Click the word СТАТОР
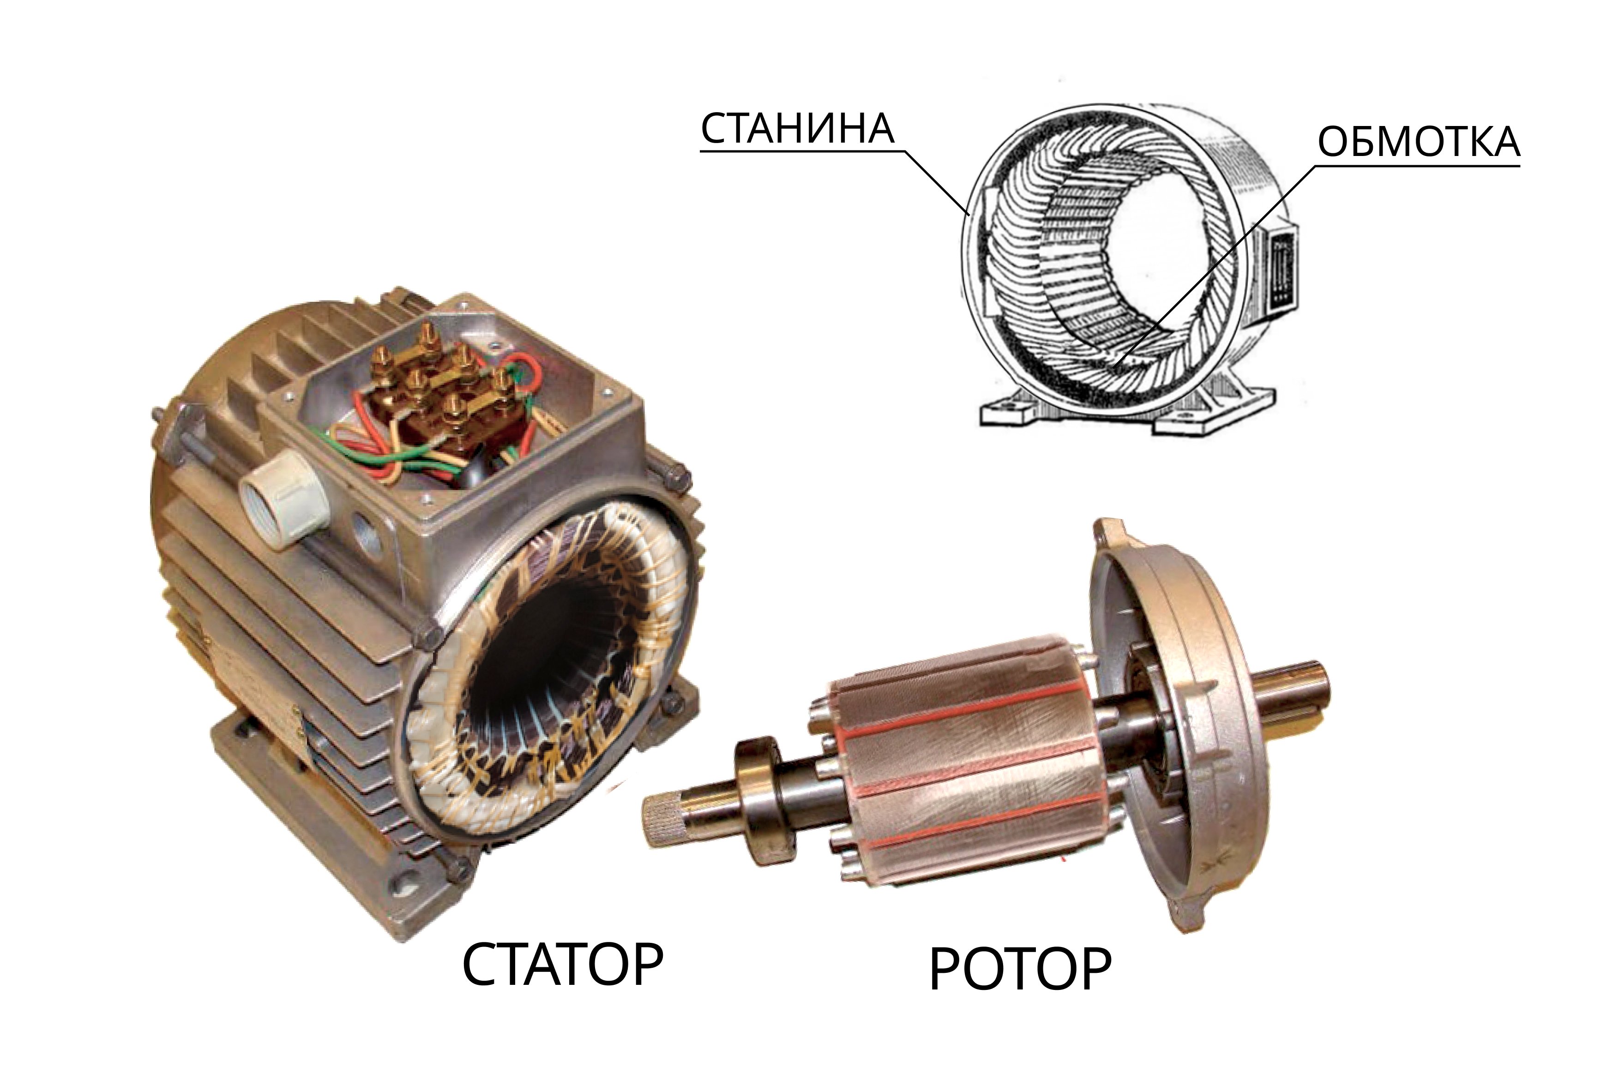click(x=563, y=964)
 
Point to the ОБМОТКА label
click(x=1419, y=142)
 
